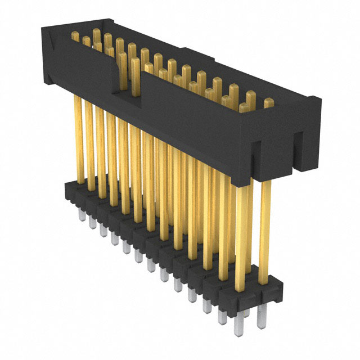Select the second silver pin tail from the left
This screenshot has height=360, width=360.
point(92,222)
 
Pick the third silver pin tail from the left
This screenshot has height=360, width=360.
point(102,230)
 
